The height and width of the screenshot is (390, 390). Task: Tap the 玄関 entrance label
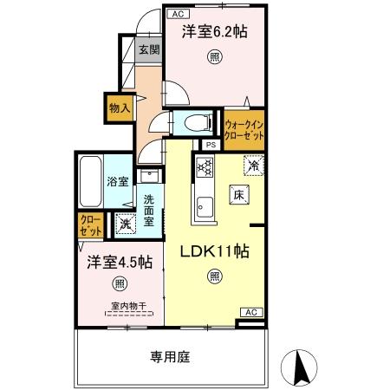148,50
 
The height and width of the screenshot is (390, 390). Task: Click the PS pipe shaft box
211,145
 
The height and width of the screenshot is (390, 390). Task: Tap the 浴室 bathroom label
119,182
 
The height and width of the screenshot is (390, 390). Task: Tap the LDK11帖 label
214,251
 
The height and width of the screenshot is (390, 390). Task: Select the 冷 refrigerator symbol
254,164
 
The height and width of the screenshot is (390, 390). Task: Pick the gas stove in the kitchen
205,167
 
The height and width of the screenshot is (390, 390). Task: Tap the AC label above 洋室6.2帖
176,14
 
